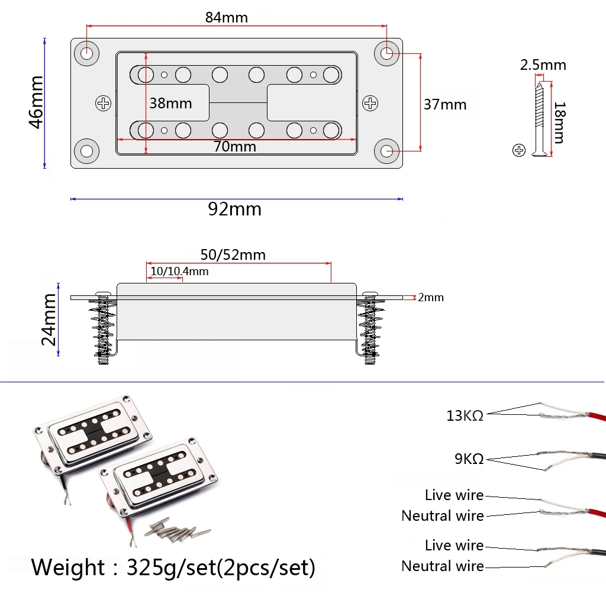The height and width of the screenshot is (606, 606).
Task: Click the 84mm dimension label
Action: [227, 17]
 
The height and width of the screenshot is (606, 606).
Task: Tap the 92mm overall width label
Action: [234, 209]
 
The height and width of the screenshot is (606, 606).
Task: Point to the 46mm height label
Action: [36, 102]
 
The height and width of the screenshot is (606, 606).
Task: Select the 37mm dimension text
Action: [445, 105]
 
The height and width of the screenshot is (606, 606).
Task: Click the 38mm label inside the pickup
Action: [170, 104]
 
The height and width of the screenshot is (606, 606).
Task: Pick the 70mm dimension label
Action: [235, 146]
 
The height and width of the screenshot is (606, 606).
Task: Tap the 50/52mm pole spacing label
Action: [233, 255]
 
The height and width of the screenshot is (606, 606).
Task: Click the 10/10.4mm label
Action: [179, 271]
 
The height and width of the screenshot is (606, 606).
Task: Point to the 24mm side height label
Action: [49, 320]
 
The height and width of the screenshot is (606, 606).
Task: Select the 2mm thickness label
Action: [430, 297]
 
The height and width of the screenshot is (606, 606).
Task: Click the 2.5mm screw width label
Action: [543, 65]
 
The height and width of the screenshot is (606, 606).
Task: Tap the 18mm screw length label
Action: [559, 123]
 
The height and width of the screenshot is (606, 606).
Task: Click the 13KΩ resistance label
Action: [465, 416]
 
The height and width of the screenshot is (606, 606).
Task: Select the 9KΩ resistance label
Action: [469, 459]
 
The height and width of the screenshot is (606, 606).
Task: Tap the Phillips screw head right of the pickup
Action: [370, 104]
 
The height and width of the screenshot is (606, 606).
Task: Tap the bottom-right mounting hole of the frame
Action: [387, 151]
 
